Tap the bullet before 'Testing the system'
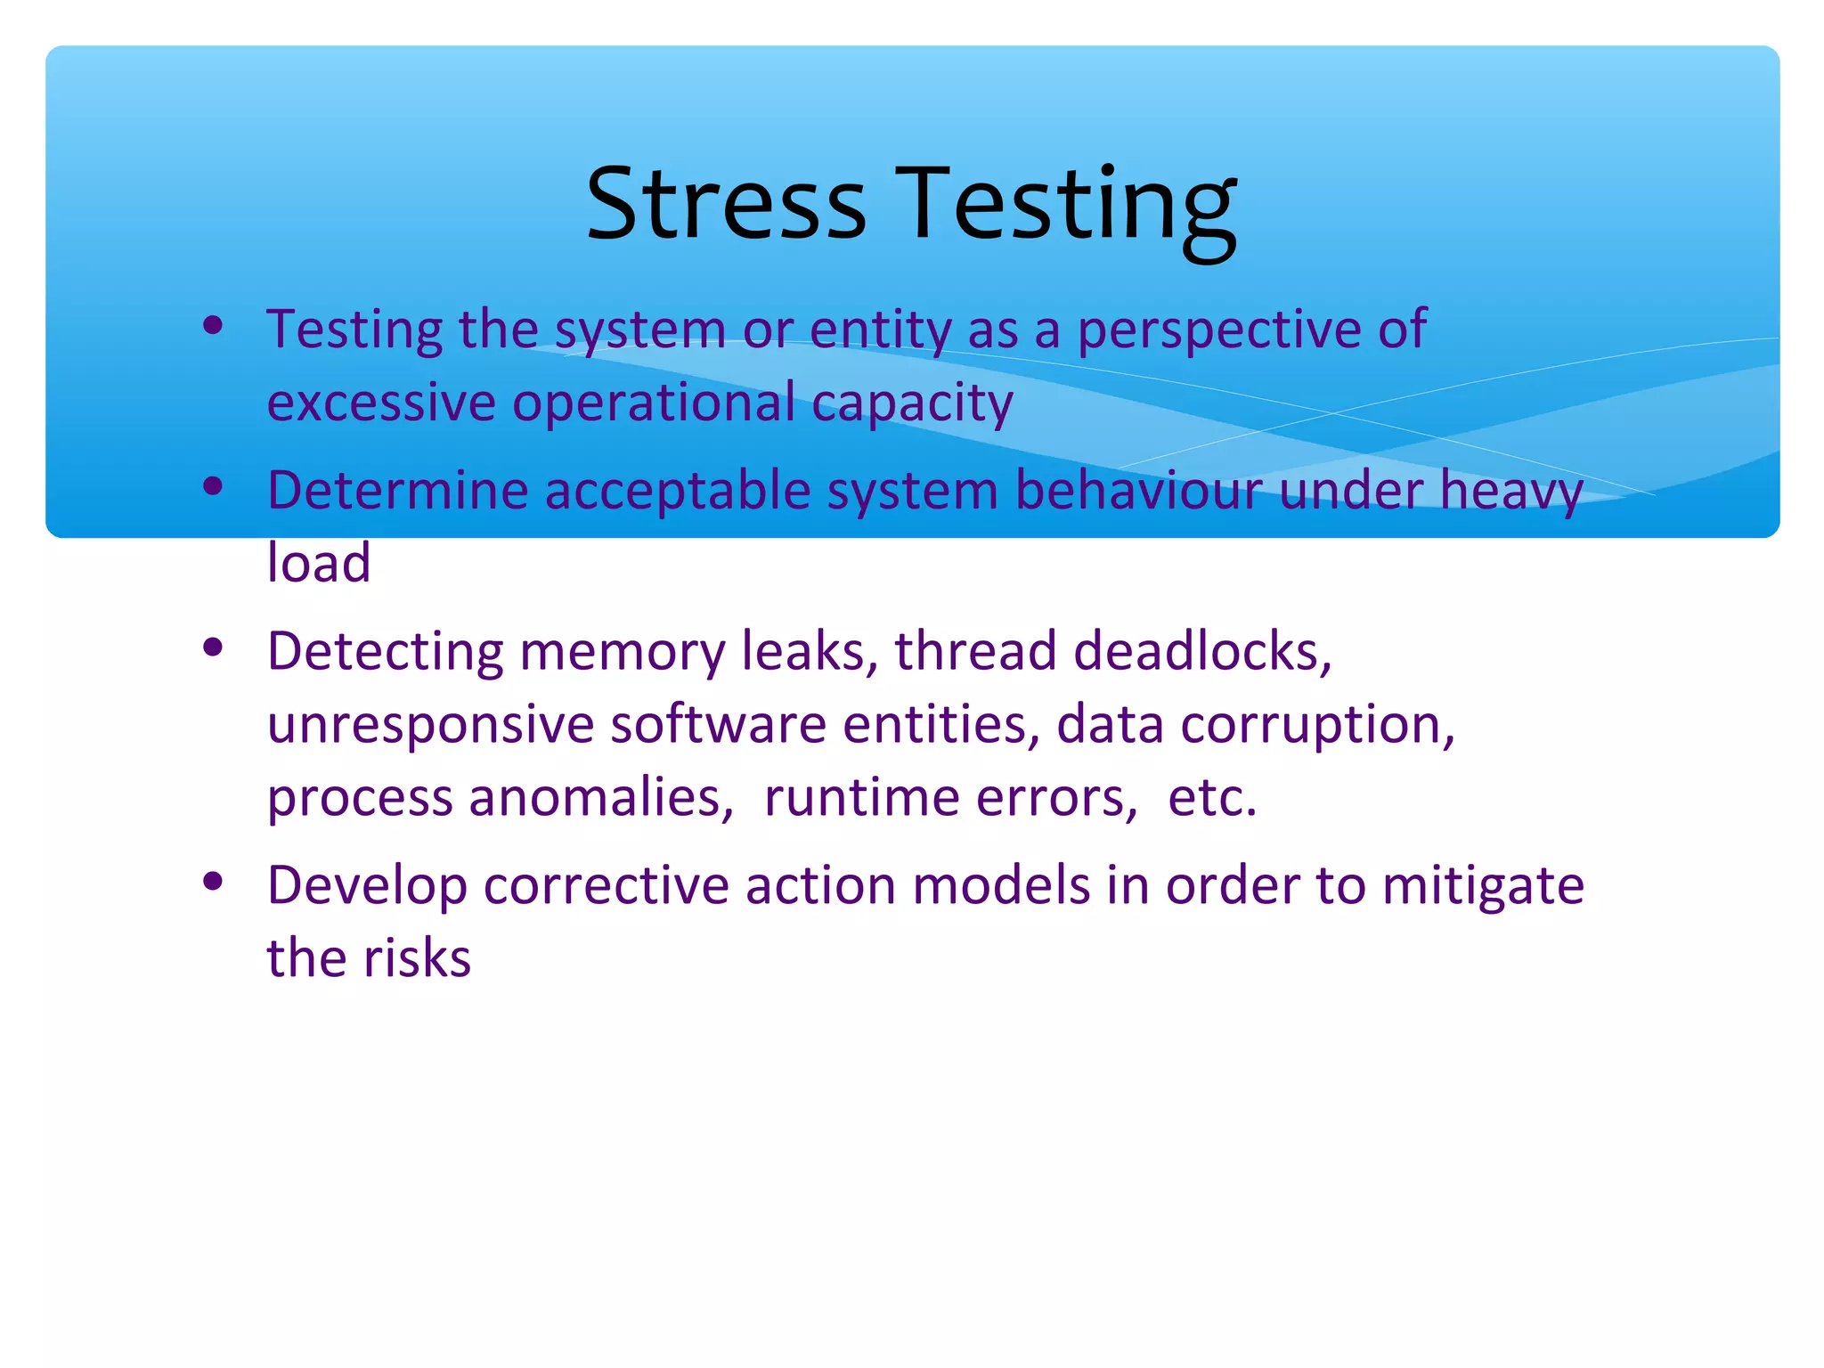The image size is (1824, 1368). pos(212,325)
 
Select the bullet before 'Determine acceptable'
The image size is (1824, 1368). pos(212,486)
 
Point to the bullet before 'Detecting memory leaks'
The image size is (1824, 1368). pos(212,647)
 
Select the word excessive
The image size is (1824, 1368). pos(381,403)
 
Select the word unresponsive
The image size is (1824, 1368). pos(430,726)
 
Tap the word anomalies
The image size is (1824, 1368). pos(601,797)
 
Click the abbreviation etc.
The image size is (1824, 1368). pos(1211,797)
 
